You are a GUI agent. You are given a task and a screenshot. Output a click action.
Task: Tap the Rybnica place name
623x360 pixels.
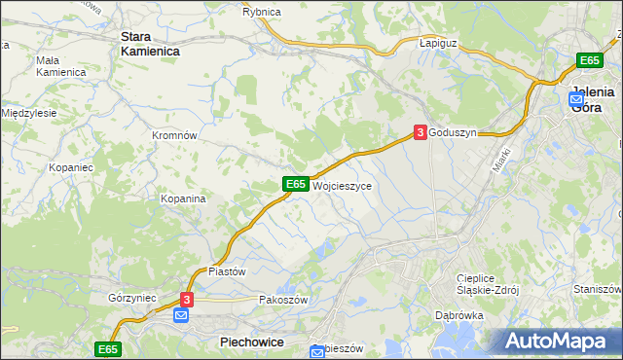tap(261, 12)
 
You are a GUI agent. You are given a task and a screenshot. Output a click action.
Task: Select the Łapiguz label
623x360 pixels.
tap(438, 44)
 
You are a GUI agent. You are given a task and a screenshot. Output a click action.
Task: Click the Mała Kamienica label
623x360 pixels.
tap(60, 66)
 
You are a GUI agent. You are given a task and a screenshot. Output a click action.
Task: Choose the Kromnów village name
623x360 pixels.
tap(175, 135)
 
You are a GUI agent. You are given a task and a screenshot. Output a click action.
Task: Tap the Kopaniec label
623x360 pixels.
tap(71, 167)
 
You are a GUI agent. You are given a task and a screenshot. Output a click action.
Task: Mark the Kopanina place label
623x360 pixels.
tap(183, 198)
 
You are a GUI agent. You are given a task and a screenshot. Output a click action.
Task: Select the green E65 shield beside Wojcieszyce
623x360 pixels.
tap(297, 184)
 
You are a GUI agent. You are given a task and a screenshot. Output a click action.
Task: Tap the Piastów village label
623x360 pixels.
tap(227, 271)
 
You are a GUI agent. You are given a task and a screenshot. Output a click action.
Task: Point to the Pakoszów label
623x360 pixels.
tap(283, 301)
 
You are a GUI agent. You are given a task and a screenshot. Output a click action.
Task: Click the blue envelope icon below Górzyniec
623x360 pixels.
tap(181, 316)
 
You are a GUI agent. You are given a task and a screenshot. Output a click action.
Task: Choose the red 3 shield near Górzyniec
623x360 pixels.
tap(188, 301)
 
